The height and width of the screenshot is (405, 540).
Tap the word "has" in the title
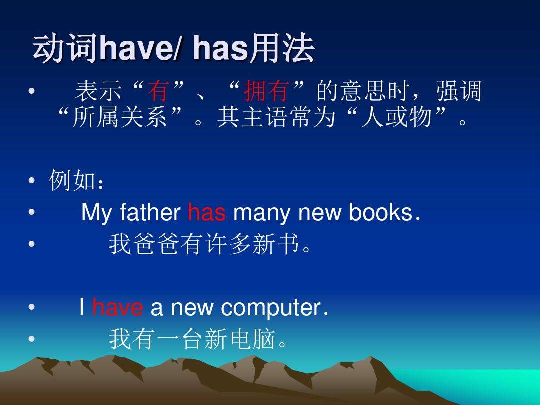pos(220,50)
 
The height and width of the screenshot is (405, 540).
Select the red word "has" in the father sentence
pos(207,213)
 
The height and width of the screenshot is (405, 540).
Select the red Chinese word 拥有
pos(266,92)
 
